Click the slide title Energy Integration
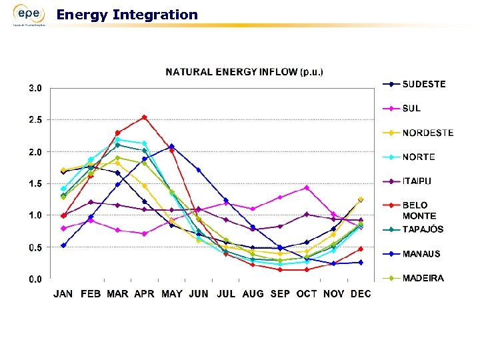coord(127,15)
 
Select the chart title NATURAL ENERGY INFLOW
coord(244,71)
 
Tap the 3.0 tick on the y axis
coord(35,88)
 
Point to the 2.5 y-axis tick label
coord(35,120)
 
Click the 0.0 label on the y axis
coord(35,279)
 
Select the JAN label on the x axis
coord(63,294)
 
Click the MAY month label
coord(171,294)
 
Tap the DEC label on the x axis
coord(361,294)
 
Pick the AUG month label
coord(253,294)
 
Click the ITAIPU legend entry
coord(417,181)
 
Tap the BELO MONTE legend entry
coord(419,211)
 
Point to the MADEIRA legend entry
coord(423,278)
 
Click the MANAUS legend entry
coord(421,254)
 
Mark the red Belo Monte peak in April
coord(145,117)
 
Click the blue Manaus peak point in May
coord(172,146)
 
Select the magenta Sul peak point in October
coord(307,188)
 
